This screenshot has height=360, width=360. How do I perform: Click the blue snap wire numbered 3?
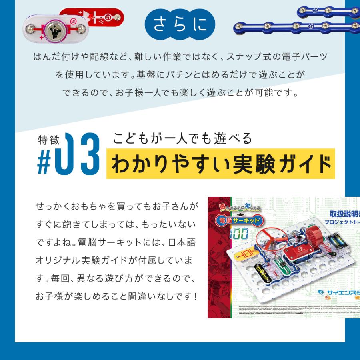pos(328,11)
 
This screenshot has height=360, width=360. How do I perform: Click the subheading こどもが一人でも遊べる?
pos(183,138)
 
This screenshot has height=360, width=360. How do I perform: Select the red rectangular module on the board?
pos(296,253)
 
